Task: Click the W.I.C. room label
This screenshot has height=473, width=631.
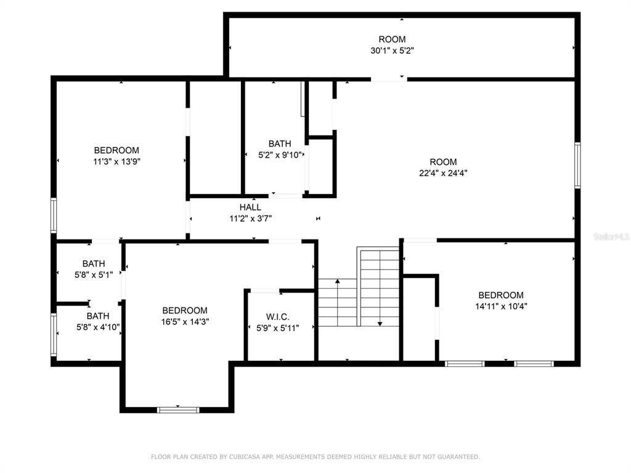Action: point(278,317)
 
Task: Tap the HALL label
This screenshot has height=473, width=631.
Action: point(250,207)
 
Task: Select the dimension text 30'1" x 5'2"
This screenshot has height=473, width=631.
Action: point(393,51)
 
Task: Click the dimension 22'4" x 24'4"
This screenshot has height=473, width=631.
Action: point(443,173)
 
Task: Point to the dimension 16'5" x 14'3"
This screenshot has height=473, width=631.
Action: point(185,321)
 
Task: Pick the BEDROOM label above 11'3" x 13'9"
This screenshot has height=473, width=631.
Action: point(116,150)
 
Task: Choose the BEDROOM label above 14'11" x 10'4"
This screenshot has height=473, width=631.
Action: point(501,295)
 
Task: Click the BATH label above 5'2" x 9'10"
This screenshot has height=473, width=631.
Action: point(280,144)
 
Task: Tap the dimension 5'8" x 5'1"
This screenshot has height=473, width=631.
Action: point(94,275)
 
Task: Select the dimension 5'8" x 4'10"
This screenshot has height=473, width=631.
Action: point(98,328)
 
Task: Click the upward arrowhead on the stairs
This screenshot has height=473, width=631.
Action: point(338,281)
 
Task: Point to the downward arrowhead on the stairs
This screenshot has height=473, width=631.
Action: point(380,324)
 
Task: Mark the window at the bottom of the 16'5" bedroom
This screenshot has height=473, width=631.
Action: point(178,410)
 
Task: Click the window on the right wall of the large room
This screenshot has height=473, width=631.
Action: point(577,165)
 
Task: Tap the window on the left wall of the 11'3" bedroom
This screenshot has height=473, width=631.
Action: point(54,215)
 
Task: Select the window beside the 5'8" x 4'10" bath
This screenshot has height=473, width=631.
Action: point(54,334)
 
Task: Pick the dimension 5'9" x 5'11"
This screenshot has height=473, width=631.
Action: point(278,328)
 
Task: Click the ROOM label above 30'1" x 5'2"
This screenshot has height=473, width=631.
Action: point(393,39)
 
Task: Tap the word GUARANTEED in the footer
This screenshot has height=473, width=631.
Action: point(458,457)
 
